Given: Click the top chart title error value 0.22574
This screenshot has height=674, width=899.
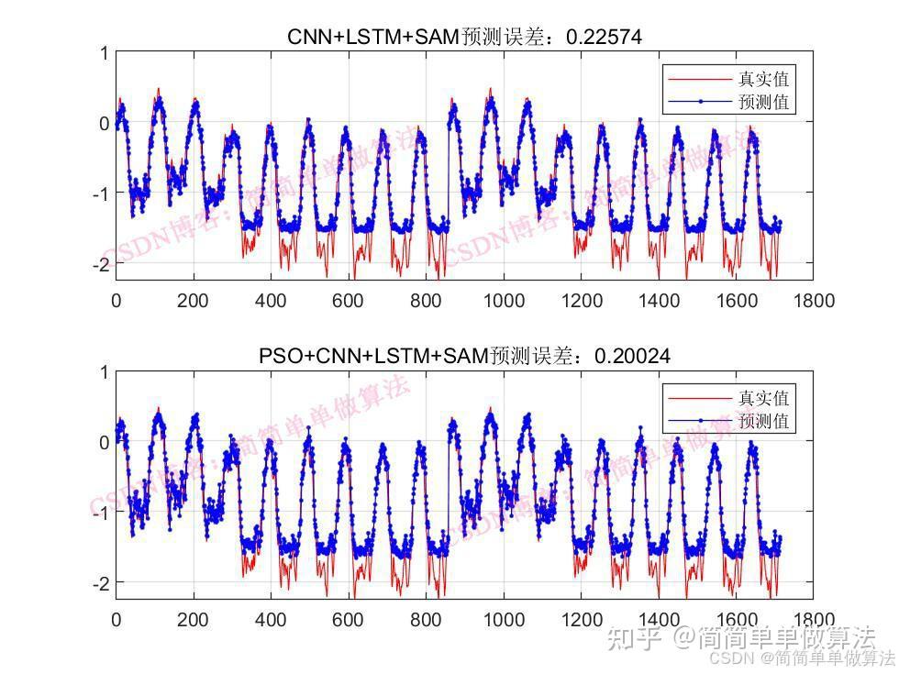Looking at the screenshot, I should pyautogui.click(x=605, y=37).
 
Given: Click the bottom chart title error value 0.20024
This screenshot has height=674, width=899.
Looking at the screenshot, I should pyautogui.click(x=632, y=356).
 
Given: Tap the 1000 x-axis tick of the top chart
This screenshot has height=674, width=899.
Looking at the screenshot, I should pyautogui.click(x=503, y=301).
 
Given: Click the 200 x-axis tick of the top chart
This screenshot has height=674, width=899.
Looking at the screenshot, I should pyautogui.click(x=193, y=301).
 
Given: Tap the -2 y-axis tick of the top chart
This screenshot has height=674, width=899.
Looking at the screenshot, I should pyautogui.click(x=100, y=263).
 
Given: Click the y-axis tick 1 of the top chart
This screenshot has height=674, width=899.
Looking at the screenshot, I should pyautogui.click(x=104, y=53).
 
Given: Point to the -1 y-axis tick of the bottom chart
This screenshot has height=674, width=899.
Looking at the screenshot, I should pyautogui.click(x=100, y=512).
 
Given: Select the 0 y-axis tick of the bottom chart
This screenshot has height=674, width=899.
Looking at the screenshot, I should pyautogui.click(x=104, y=442).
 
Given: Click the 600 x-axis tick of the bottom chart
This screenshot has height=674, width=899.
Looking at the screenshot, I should pyautogui.click(x=348, y=620).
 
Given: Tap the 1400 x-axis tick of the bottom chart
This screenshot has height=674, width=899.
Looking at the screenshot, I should pyautogui.click(x=658, y=620).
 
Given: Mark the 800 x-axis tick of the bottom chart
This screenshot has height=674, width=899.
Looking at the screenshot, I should pyautogui.click(x=426, y=620).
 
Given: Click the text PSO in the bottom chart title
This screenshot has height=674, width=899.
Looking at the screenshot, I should pyautogui.click(x=279, y=356).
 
